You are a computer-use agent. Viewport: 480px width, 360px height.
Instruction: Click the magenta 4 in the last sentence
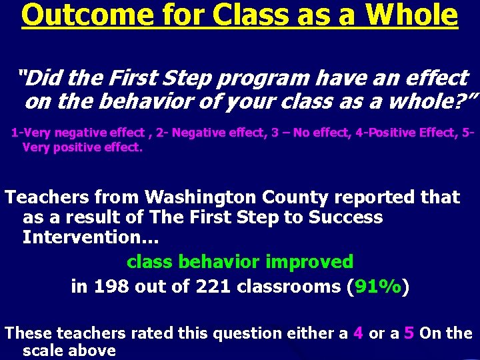357,333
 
